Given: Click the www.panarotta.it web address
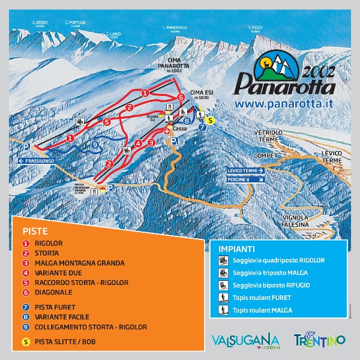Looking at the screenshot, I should point(283,104).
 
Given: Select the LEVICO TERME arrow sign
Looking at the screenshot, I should point(246,170).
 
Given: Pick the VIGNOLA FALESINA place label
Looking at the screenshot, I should point(296,221).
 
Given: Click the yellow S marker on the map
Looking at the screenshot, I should point(211,119).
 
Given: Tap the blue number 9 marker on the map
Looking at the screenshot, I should point(95,144).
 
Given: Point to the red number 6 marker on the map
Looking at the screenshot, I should point(180,97).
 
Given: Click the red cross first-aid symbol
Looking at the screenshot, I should point(167,131).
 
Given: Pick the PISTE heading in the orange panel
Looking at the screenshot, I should point(35,231).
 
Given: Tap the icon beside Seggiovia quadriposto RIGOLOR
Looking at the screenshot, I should point(221,260).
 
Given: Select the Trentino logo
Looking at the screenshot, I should point(319,340).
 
